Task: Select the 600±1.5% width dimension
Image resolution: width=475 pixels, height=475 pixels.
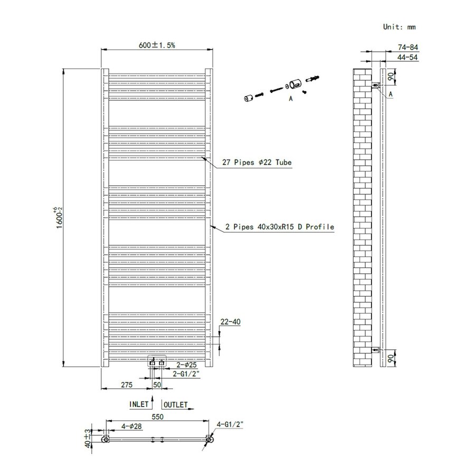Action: click(157, 45)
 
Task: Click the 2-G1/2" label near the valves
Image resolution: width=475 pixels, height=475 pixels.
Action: click(186, 374)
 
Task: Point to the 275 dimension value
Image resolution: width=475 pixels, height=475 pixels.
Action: click(127, 385)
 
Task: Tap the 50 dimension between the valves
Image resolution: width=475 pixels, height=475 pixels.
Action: click(157, 385)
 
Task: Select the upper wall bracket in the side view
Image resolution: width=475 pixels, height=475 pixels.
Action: click(375, 84)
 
